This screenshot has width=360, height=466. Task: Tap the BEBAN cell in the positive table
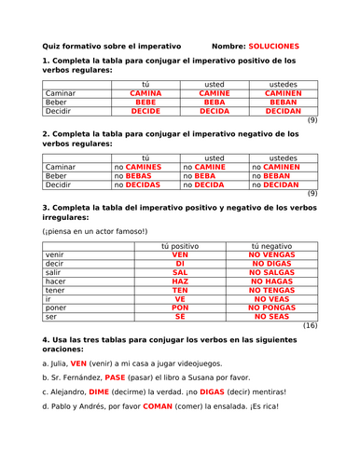coord(284,103)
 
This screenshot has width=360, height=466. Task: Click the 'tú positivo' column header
coord(180,245)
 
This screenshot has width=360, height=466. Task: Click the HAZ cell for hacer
coord(180,281)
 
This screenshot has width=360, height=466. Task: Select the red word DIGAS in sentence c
coord(201,392)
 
